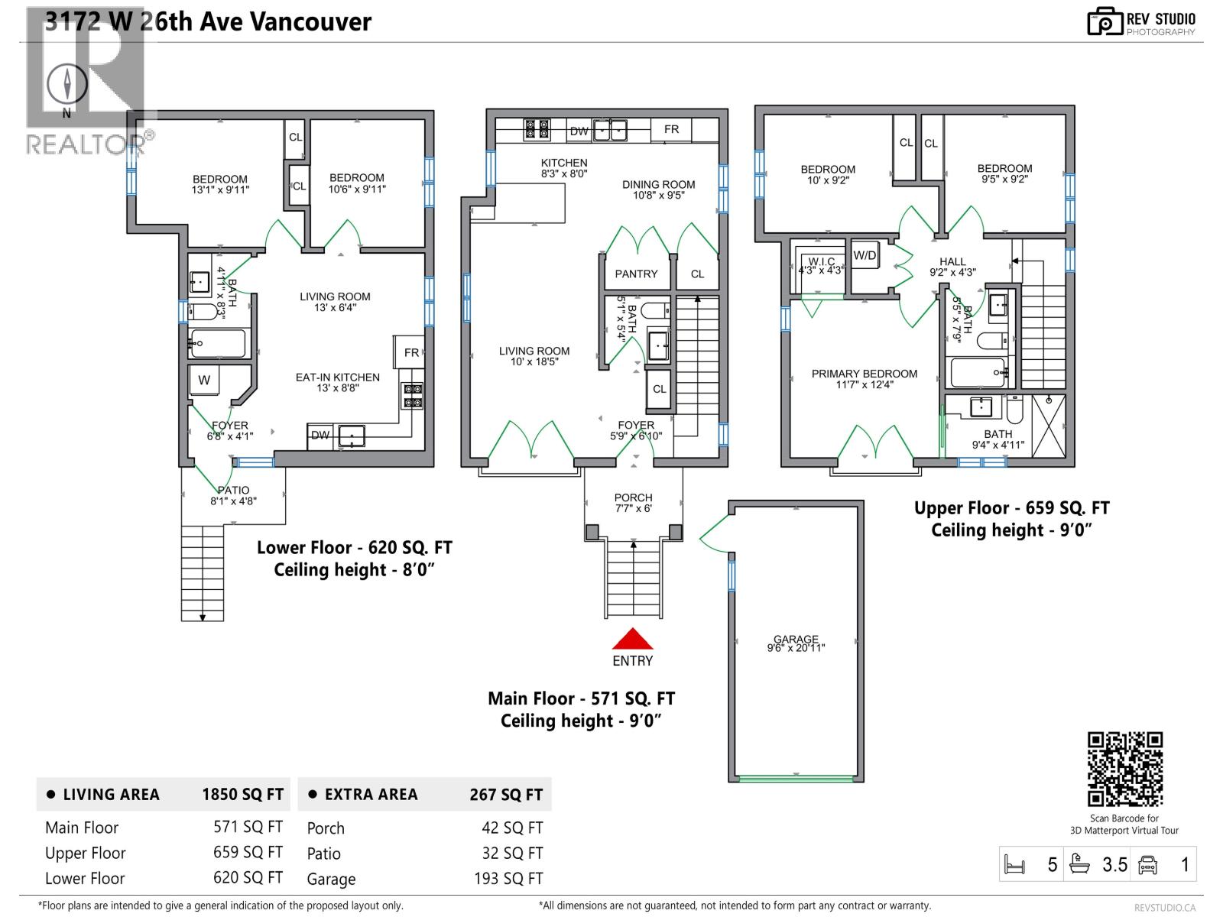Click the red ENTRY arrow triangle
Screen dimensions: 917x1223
(632, 640)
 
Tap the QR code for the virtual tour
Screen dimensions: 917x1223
(1124, 769)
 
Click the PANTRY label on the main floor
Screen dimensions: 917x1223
(636, 274)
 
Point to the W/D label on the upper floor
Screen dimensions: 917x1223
(865, 255)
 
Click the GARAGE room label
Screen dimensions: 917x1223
(796, 640)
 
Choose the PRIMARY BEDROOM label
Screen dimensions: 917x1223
(864, 374)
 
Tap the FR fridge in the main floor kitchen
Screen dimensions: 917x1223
(671, 129)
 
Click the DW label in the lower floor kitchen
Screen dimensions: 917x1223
(320, 436)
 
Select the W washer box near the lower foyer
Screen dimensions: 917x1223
(204, 380)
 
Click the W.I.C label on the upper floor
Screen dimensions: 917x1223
(821, 261)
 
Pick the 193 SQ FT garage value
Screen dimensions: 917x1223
(508, 879)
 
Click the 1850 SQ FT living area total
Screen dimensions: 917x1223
(242, 795)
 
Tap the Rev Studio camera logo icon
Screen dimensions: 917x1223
(1105, 22)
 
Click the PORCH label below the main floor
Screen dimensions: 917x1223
(633, 497)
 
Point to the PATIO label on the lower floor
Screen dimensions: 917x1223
(233, 491)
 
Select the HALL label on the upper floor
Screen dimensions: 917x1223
(952, 261)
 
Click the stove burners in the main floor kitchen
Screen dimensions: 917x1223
(536, 129)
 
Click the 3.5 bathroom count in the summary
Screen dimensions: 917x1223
(1114, 865)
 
